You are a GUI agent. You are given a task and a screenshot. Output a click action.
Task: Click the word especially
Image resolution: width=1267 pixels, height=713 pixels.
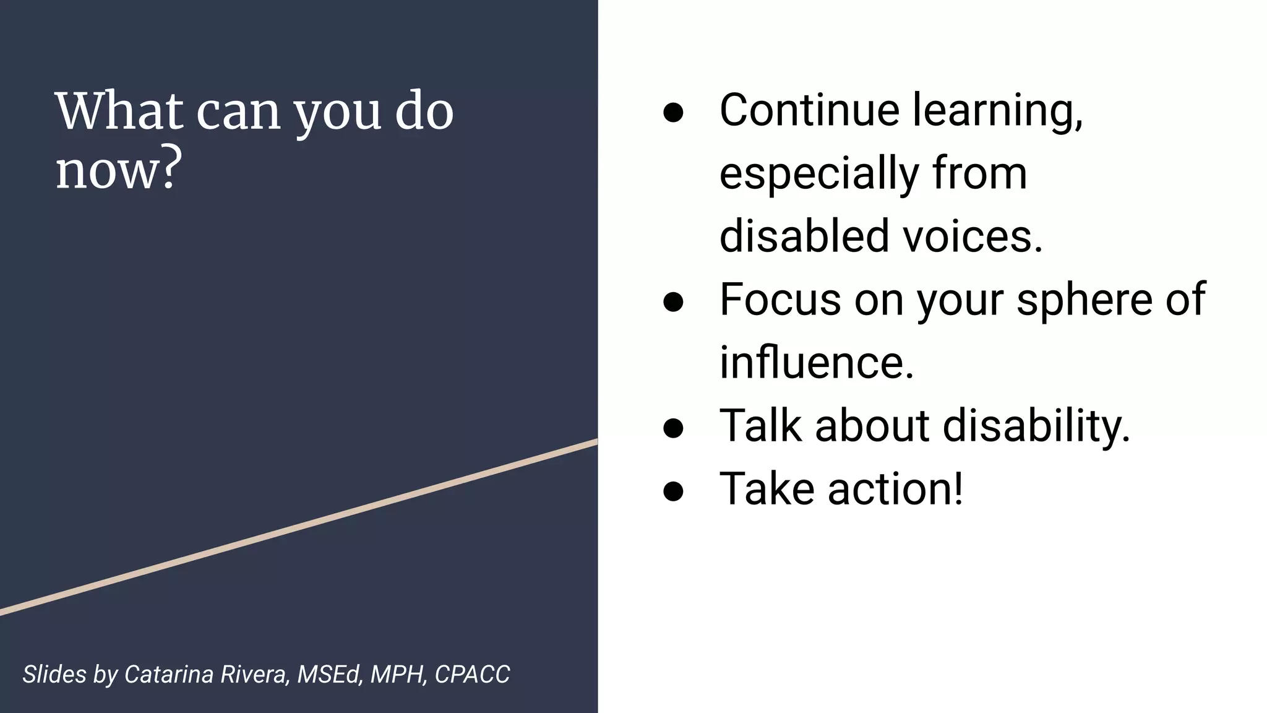point(818,175)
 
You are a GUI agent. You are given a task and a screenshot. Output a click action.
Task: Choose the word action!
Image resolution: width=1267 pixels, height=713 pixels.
point(895,489)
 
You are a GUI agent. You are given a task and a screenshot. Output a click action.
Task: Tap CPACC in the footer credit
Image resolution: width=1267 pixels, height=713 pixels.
point(472,675)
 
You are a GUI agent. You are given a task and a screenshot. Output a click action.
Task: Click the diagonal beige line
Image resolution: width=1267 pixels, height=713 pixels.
point(299,527)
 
